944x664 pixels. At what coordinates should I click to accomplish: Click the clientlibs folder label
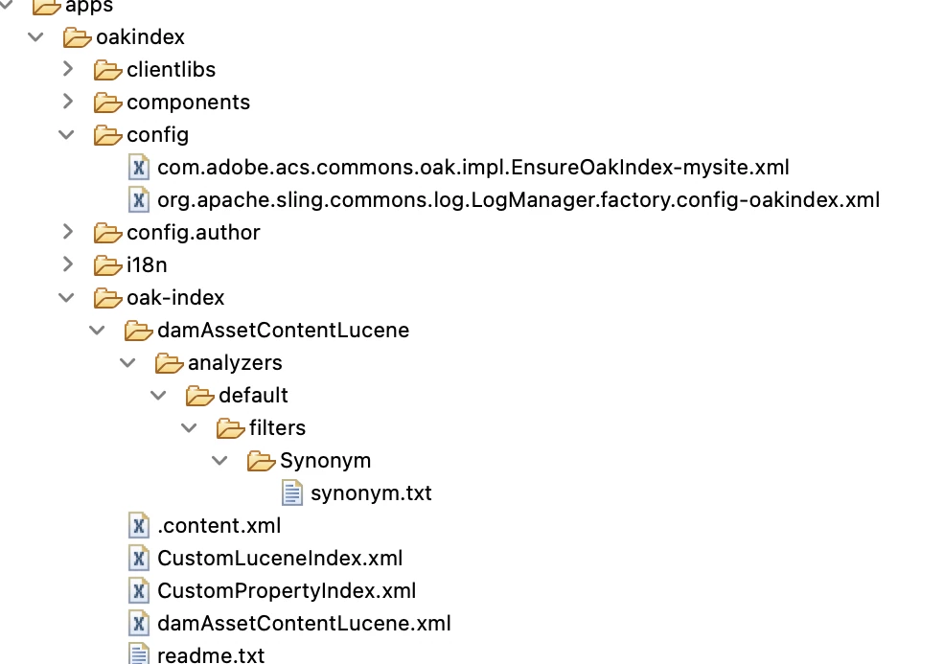click(x=171, y=70)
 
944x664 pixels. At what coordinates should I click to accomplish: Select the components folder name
click(x=188, y=103)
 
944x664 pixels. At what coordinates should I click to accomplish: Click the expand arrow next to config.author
click(x=67, y=232)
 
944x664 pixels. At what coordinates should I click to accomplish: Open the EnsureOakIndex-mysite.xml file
click(x=473, y=168)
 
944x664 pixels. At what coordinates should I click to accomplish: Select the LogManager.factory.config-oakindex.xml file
click(x=518, y=200)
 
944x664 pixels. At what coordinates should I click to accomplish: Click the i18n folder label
click(x=147, y=264)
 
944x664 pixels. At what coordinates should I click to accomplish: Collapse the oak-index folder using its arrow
click(x=66, y=297)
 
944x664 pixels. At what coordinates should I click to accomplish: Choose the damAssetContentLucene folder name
click(x=283, y=331)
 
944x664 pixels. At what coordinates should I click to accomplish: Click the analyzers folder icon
click(x=169, y=363)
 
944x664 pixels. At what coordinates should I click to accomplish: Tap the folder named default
click(x=253, y=396)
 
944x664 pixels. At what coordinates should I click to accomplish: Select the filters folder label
click(x=277, y=428)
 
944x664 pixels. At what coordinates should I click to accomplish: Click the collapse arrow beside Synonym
click(x=220, y=461)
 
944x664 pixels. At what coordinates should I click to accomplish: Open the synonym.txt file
click(x=371, y=493)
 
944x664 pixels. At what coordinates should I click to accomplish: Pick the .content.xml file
click(x=219, y=526)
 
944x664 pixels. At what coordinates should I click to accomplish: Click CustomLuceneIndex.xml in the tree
click(x=280, y=559)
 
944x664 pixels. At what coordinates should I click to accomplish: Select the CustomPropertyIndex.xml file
click(x=287, y=591)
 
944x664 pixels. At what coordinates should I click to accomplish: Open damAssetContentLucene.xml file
click(x=304, y=624)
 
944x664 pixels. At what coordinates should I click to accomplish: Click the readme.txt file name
click(x=211, y=655)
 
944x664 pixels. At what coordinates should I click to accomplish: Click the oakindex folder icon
click(x=77, y=37)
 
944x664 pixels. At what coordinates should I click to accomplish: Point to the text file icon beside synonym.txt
click(x=291, y=493)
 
